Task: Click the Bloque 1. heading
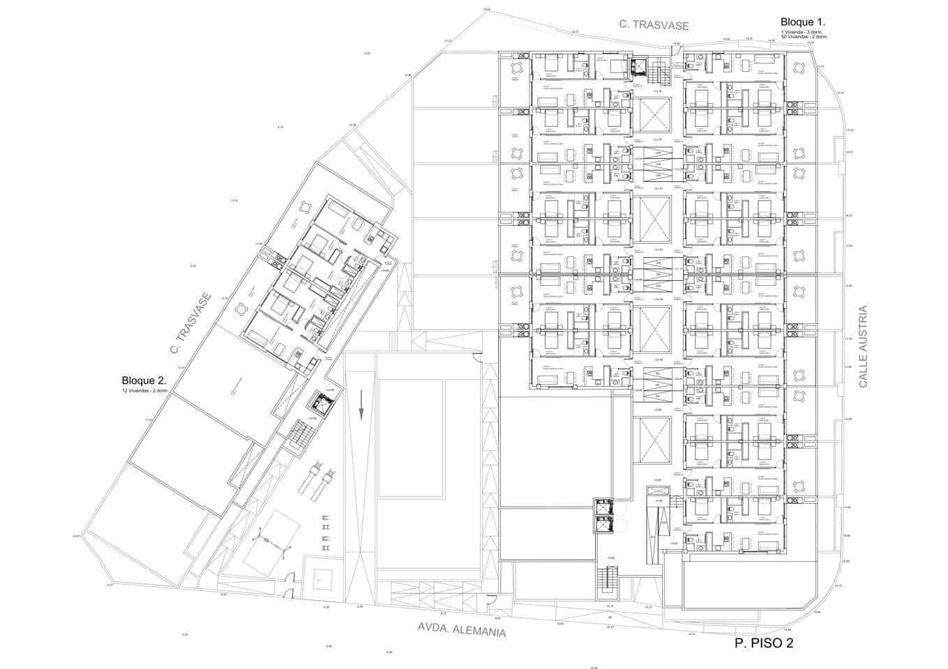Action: [x=803, y=22]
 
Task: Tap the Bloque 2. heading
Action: [x=144, y=380]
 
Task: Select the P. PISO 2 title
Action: [x=764, y=643]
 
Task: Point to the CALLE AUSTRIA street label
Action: [x=863, y=346]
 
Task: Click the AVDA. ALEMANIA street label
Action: [x=461, y=629]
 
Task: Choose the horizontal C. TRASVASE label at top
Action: [x=654, y=25]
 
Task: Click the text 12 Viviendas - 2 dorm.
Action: [x=144, y=391]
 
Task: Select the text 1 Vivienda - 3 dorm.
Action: [x=801, y=31]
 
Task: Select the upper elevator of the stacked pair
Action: [x=601, y=507]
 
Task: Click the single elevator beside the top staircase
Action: [x=638, y=67]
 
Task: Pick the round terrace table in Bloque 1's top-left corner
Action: [x=516, y=68]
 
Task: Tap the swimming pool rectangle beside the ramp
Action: [x=411, y=438]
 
